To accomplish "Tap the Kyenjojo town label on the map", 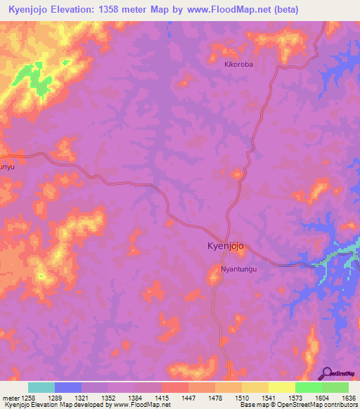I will [226, 247].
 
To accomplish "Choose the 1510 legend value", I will [229, 398].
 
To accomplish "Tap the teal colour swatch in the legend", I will [41, 387].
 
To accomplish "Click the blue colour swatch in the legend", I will [68, 387].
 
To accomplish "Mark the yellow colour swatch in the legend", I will [282, 387].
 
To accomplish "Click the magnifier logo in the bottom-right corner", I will [326, 372].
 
